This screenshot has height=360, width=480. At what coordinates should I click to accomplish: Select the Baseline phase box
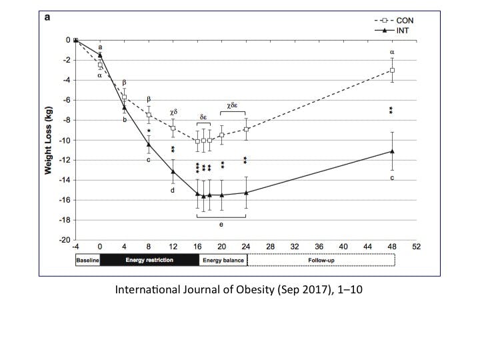tap(87, 260)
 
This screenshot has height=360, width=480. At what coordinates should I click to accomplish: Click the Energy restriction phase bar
tap(149, 260)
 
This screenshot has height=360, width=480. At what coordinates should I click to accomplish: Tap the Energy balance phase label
tap(223, 260)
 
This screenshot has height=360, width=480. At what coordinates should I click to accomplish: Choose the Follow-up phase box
tap(321, 260)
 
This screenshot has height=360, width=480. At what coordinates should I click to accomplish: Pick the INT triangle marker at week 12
tap(173, 171)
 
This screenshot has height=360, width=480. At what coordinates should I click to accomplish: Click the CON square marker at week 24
tap(247, 129)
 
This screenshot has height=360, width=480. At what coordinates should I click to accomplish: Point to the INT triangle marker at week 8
tap(149, 144)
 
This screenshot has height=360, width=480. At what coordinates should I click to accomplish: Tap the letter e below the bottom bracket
tap(222, 225)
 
